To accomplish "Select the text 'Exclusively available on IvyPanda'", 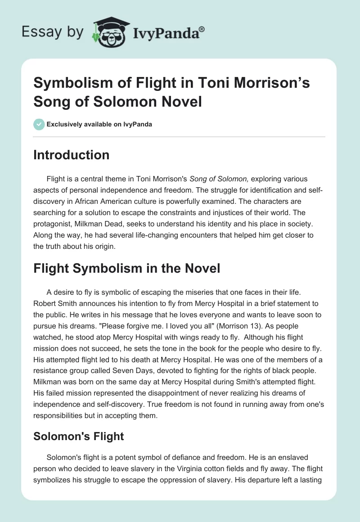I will point(99,125).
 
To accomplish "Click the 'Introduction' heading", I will point(72,155).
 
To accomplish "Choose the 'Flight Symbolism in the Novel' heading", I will point(127,269).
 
